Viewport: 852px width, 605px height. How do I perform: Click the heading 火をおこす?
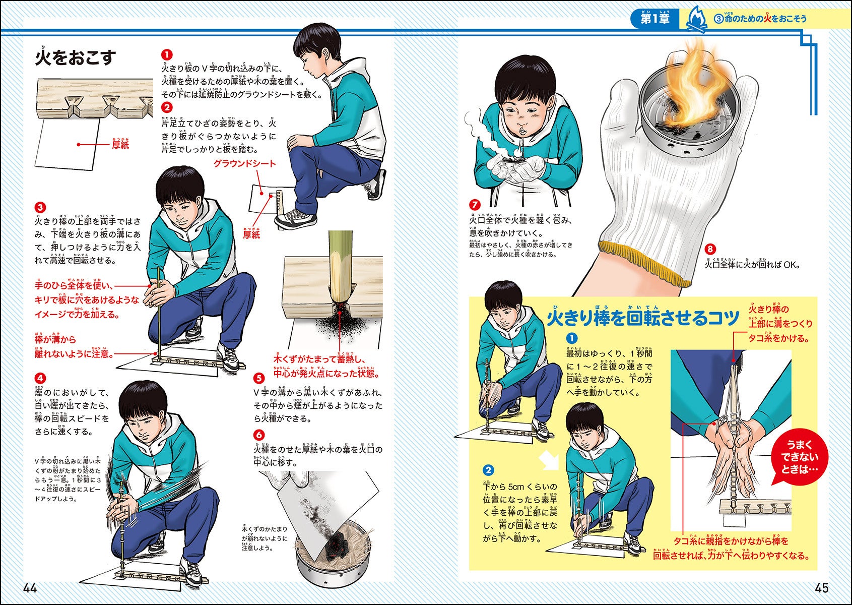[x=75, y=57]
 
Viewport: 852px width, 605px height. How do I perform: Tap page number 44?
[x=30, y=588]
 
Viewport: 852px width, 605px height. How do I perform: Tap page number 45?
[x=822, y=588]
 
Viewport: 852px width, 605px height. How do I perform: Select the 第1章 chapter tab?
[x=654, y=18]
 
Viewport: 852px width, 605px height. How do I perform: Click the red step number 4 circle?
[x=40, y=378]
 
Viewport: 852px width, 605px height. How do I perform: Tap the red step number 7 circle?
[x=474, y=205]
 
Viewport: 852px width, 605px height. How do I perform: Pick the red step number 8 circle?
[x=710, y=249]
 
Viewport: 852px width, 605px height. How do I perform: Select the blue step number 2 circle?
[x=488, y=470]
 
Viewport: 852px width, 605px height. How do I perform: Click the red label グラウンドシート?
[x=244, y=164]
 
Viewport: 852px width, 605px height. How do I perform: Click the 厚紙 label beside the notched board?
[x=120, y=145]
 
